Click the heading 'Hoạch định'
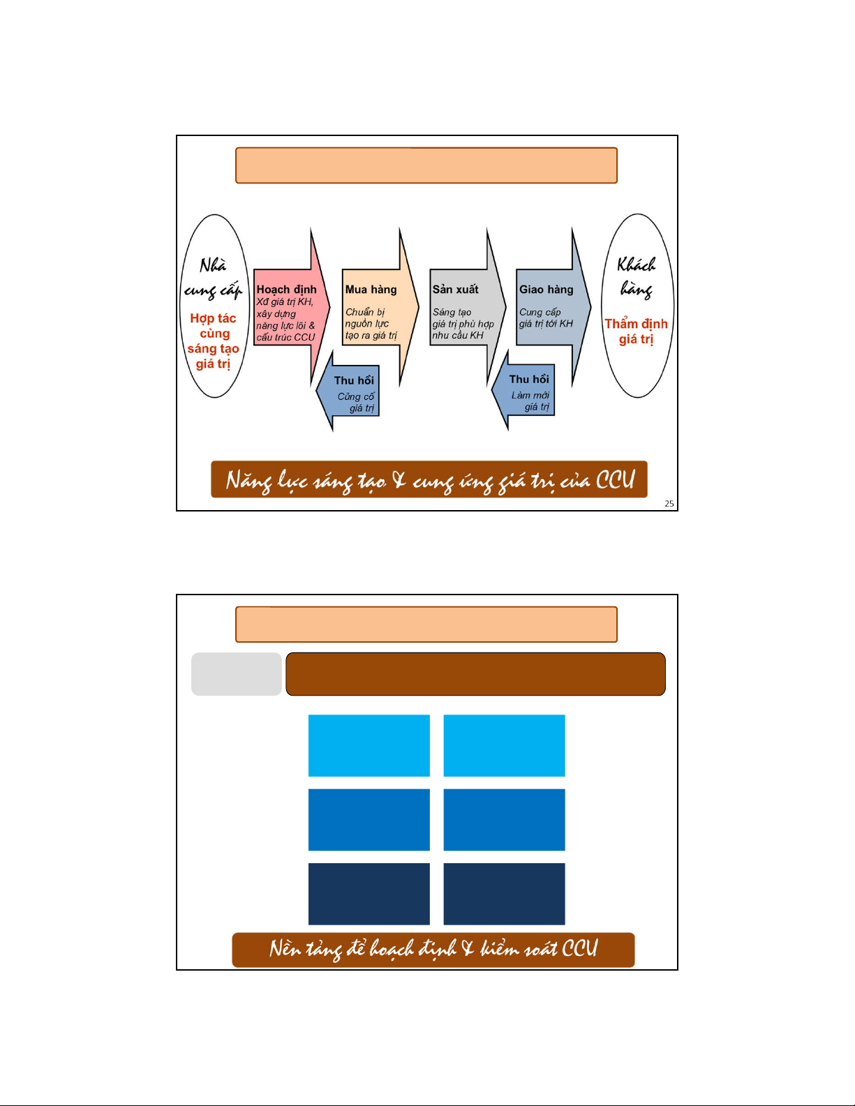[x=286, y=290]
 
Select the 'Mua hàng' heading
[x=371, y=290]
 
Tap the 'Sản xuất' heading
[x=455, y=290]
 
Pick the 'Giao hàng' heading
[x=546, y=290]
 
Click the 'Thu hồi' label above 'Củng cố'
[x=354, y=380]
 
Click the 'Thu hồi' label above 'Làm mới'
[x=529, y=380]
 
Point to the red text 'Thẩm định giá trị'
[x=636, y=331]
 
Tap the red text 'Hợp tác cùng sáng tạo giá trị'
[x=213, y=341]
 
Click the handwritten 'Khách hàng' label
[x=636, y=276]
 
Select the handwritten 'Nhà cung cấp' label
[x=213, y=278]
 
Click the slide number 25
[x=669, y=504]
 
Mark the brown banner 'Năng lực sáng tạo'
[x=429, y=480]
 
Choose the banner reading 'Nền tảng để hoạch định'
[x=433, y=950]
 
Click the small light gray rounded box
[x=237, y=674]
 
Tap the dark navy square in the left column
[x=369, y=894]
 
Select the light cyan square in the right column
[x=504, y=745]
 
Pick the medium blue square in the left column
[x=369, y=820]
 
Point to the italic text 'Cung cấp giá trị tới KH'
[x=546, y=318]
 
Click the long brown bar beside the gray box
[x=475, y=674]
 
